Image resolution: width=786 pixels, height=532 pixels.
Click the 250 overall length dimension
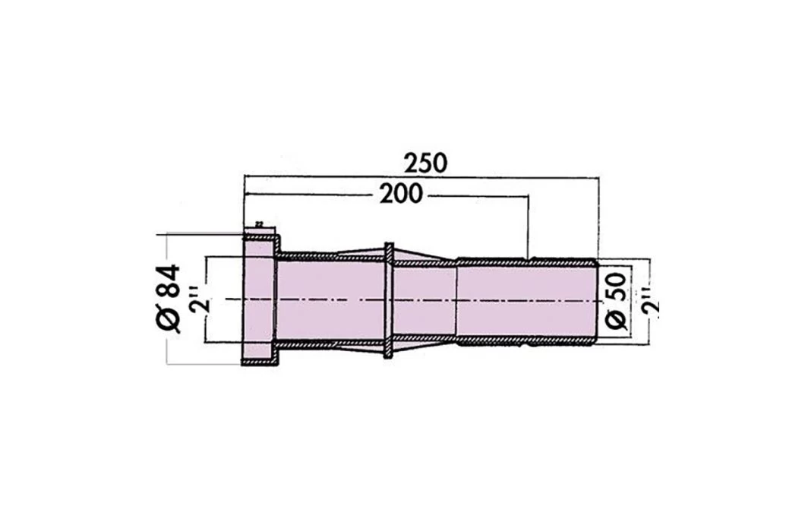point(426,163)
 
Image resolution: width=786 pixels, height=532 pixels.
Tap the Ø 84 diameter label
point(168,299)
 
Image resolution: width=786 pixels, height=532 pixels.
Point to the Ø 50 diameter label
point(617,299)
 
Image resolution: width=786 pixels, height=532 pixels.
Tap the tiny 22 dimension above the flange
point(259,224)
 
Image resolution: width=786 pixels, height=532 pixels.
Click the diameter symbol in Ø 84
point(169,321)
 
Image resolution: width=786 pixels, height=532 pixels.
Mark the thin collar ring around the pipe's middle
point(389,300)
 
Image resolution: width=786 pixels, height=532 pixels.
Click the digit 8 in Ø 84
point(168,291)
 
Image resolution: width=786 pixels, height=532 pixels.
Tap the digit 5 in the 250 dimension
point(426,163)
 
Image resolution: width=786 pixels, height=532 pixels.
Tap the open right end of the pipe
point(596,300)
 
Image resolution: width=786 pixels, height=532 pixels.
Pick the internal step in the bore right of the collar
point(456,300)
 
